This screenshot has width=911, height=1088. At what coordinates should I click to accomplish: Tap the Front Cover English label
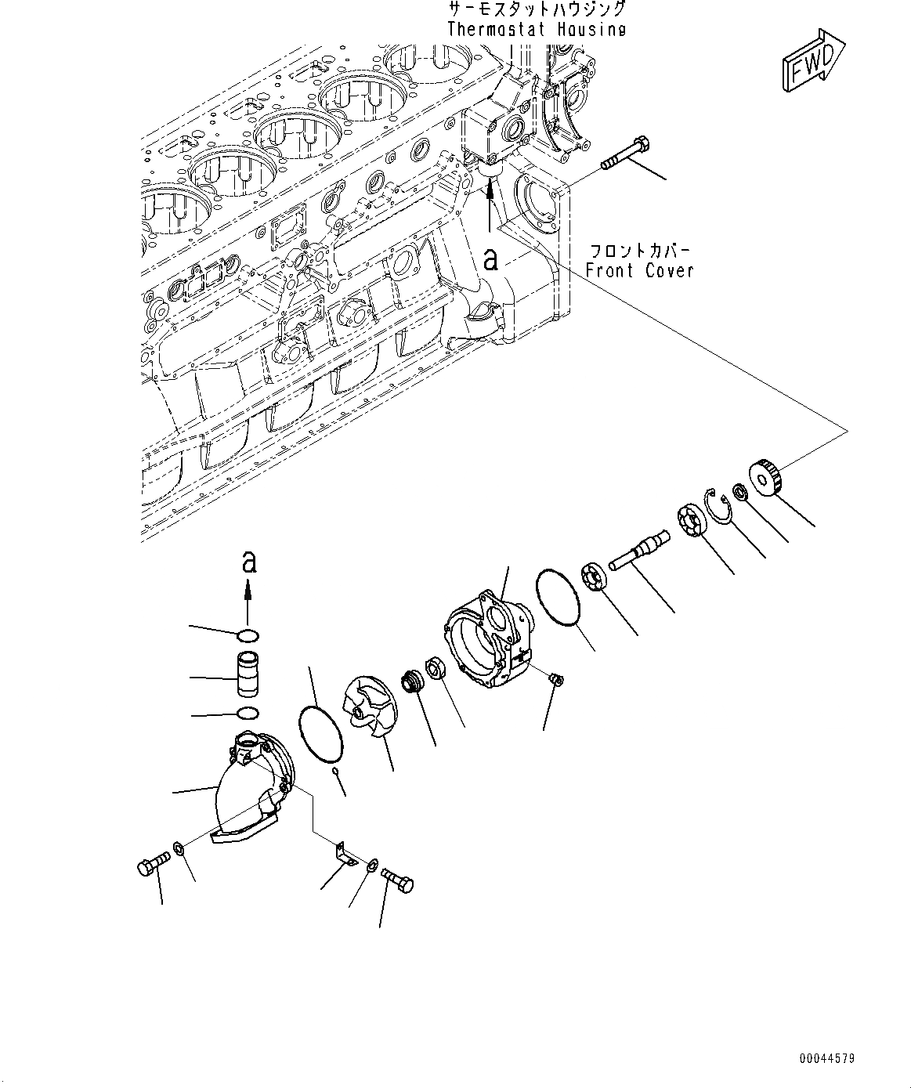tap(639, 270)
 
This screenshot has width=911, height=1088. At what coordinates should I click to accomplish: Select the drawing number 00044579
tap(827, 1058)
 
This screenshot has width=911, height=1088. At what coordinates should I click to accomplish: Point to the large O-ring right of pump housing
tap(558, 597)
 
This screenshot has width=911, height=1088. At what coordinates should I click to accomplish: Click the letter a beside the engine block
tap(490, 258)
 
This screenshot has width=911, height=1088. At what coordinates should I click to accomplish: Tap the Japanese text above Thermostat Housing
tap(537, 9)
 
